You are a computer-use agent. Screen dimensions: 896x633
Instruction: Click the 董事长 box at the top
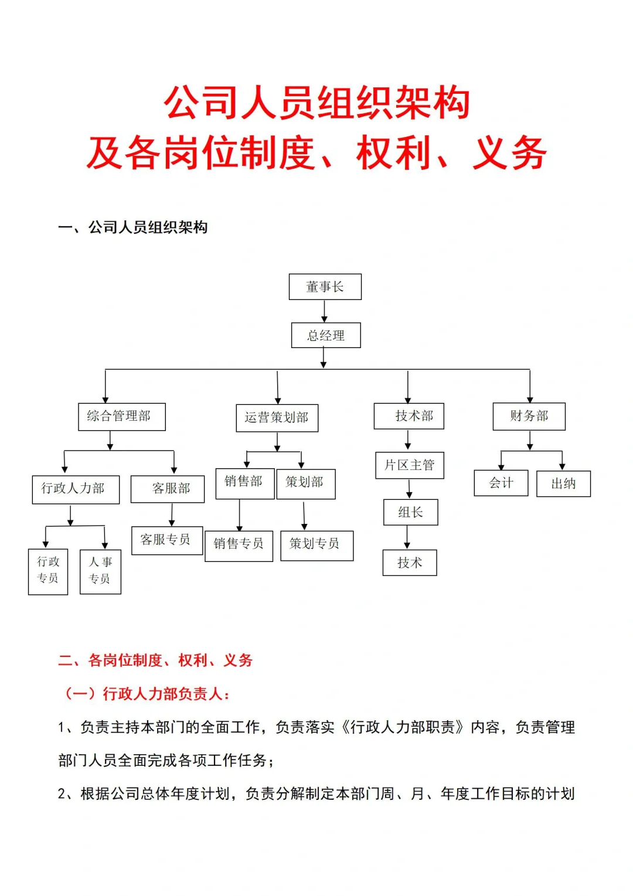point(325,287)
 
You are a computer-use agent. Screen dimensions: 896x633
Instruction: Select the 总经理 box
point(326,335)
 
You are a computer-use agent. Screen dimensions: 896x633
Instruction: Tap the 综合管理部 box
point(122,417)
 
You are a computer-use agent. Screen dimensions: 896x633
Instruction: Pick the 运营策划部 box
point(277,418)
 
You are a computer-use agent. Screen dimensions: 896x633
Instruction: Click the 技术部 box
point(409,416)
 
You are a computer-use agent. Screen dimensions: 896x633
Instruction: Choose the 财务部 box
point(529,416)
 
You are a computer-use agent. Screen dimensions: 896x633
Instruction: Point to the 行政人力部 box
point(76,489)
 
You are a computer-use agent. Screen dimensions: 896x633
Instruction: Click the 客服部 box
point(168,489)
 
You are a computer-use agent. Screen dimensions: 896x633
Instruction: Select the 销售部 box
point(244,483)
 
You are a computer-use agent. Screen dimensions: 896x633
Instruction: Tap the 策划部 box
point(305,483)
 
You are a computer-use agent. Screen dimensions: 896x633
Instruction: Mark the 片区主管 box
point(409,465)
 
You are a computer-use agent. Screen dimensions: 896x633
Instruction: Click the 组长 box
point(410,512)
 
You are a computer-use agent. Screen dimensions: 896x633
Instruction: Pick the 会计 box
point(501,483)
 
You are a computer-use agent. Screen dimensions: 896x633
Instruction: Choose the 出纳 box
point(563,484)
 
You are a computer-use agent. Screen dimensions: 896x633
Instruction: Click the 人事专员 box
point(100,571)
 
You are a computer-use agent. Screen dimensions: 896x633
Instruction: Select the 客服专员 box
point(167,540)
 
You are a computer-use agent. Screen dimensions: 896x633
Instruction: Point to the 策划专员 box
point(316,546)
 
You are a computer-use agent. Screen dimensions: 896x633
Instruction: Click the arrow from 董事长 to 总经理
point(324,311)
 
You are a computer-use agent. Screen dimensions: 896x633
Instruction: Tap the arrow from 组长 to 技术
point(407,537)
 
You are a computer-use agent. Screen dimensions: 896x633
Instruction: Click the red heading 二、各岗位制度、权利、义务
point(155,660)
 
